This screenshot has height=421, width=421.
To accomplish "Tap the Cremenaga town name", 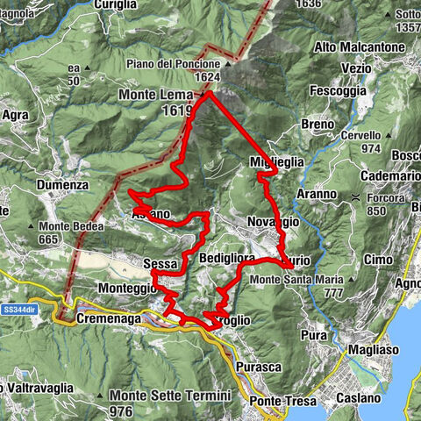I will click(x=109, y=320).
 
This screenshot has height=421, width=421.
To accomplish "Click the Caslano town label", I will click(x=357, y=398).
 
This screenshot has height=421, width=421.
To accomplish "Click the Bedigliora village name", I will click(x=226, y=260).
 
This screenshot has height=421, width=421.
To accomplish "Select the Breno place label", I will click(x=317, y=125).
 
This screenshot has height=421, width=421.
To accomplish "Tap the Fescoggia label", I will click(x=337, y=89).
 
